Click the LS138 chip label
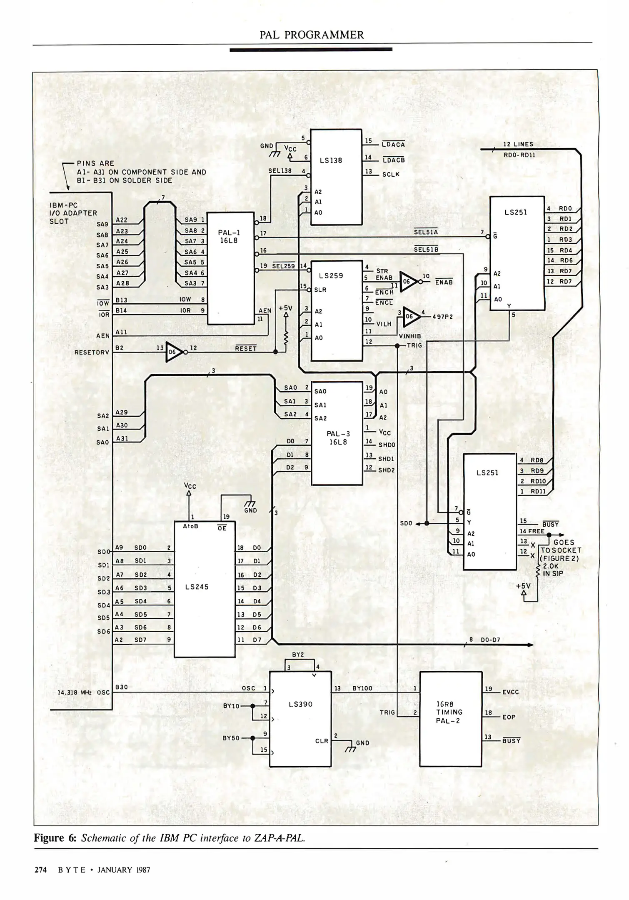[331, 160]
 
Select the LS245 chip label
[197, 587]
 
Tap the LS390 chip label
[300, 704]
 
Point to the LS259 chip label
[331, 275]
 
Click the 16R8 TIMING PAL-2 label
[448, 712]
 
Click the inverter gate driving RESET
[174, 352]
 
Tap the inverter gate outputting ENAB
[409, 282]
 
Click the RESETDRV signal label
[92, 352]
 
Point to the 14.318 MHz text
[74, 692]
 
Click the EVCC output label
[511, 692]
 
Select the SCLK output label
[391, 174]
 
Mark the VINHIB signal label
[410, 336]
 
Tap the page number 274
[40, 870]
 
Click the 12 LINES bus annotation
[518, 144]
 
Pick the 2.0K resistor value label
[551, 566]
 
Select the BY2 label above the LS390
[298, 655]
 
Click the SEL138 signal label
[280, 171]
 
